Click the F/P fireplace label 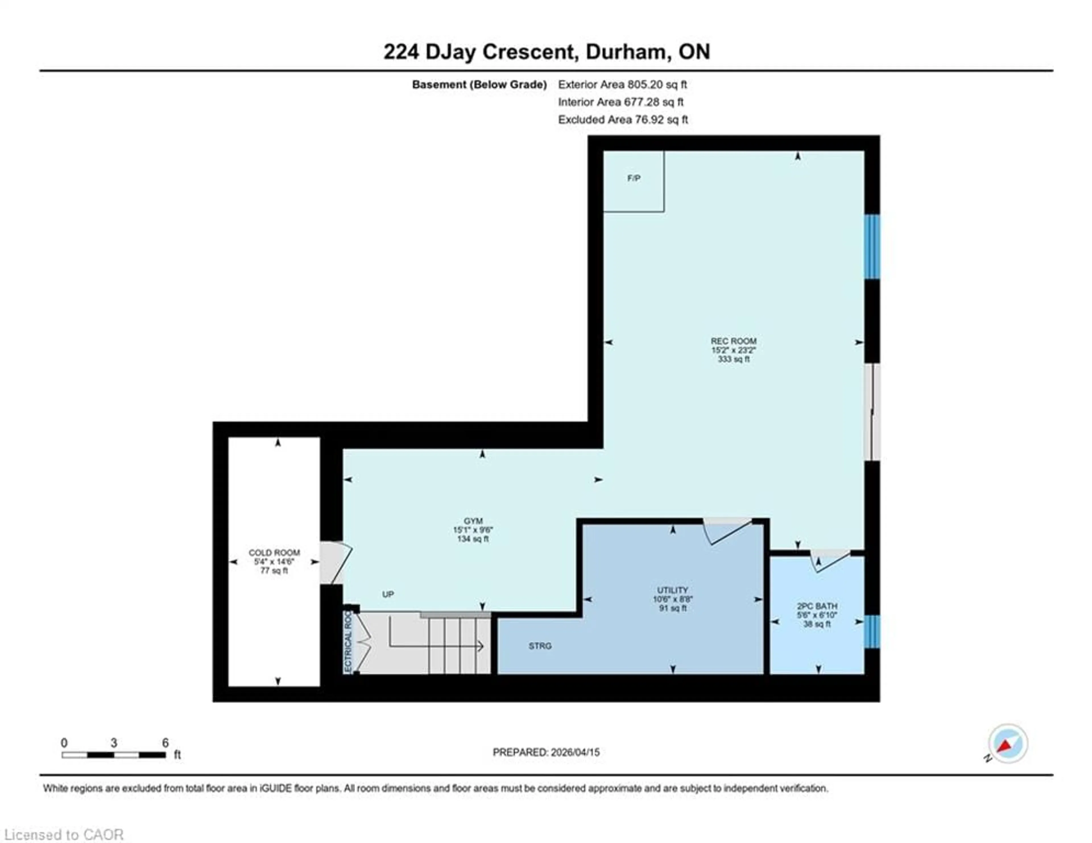[634, 178]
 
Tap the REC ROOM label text [733, 341]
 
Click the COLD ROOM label [274, 553]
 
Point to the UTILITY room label [673, 590]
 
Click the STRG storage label [540, 646]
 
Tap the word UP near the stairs [388, 594]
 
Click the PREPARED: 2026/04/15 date [546, 752]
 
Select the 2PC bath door [830, 560]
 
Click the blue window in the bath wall [872, 631]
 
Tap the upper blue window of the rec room [872, 247]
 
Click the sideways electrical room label [348, 642]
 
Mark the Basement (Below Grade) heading [479, 84]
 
